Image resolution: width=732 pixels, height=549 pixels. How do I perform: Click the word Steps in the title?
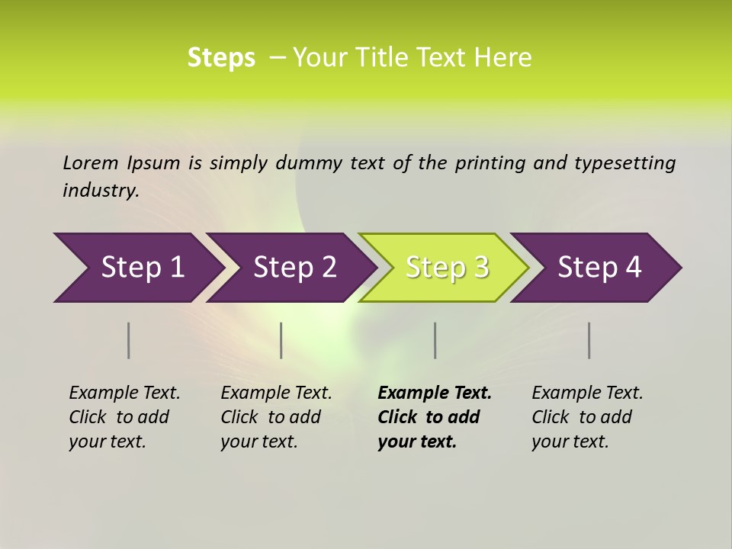221,58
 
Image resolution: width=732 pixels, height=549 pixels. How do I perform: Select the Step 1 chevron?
137,268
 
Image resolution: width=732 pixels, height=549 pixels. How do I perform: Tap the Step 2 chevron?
294,268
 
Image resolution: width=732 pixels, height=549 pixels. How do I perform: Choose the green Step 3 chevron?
445,268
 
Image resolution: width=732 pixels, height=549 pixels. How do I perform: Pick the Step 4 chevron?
599,268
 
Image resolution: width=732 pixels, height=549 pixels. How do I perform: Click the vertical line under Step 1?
129,340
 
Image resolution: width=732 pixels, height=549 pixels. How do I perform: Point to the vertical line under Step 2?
281,340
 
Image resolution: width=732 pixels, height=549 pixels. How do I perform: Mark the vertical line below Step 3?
435,340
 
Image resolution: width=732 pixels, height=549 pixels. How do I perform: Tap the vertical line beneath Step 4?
589,340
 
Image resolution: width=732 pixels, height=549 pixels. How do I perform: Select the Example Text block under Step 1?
124,416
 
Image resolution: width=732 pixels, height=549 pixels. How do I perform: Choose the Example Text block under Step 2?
276,416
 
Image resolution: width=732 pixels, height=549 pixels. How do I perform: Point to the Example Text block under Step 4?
587,416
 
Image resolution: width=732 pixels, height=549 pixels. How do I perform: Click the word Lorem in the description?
91,163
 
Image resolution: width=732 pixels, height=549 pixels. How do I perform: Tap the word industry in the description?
100,191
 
